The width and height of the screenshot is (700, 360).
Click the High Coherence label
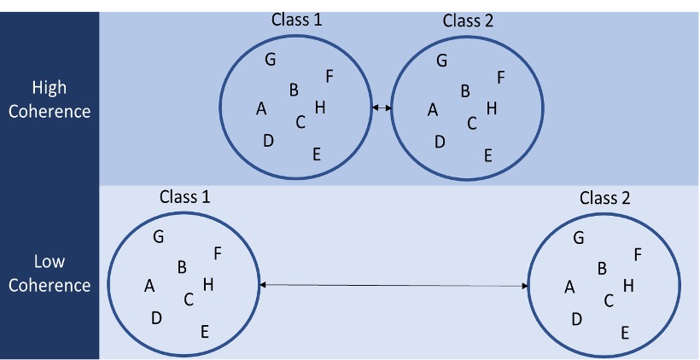(49, 99)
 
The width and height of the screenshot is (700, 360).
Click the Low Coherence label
(49, 273)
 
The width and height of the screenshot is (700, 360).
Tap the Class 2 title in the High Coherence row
(468, 20)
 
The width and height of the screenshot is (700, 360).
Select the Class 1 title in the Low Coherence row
(185, 197)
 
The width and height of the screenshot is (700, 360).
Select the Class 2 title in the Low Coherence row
(604, 198)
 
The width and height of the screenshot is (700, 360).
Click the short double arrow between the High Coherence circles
(382, 107)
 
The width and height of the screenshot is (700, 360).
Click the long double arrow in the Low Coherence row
(394, 285)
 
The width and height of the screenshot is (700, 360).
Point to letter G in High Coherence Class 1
(271, 59)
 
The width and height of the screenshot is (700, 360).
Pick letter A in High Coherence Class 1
(261, 108)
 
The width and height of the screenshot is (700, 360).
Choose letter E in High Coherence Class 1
(317, 154)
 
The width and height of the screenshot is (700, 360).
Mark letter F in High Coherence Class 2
(501, 78)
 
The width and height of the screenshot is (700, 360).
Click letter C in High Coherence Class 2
(472, 123)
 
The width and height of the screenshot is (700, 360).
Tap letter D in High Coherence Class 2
(440, 142)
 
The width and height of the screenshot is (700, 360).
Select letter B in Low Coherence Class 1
(182, 267)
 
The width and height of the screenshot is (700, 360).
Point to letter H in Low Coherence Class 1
(207, 284)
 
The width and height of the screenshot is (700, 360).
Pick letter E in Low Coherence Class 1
(205, 332)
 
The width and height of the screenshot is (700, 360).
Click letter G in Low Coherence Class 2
(579, 238)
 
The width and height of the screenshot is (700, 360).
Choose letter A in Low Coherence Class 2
(569, 287)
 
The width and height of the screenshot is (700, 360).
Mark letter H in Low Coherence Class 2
(628, 286)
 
